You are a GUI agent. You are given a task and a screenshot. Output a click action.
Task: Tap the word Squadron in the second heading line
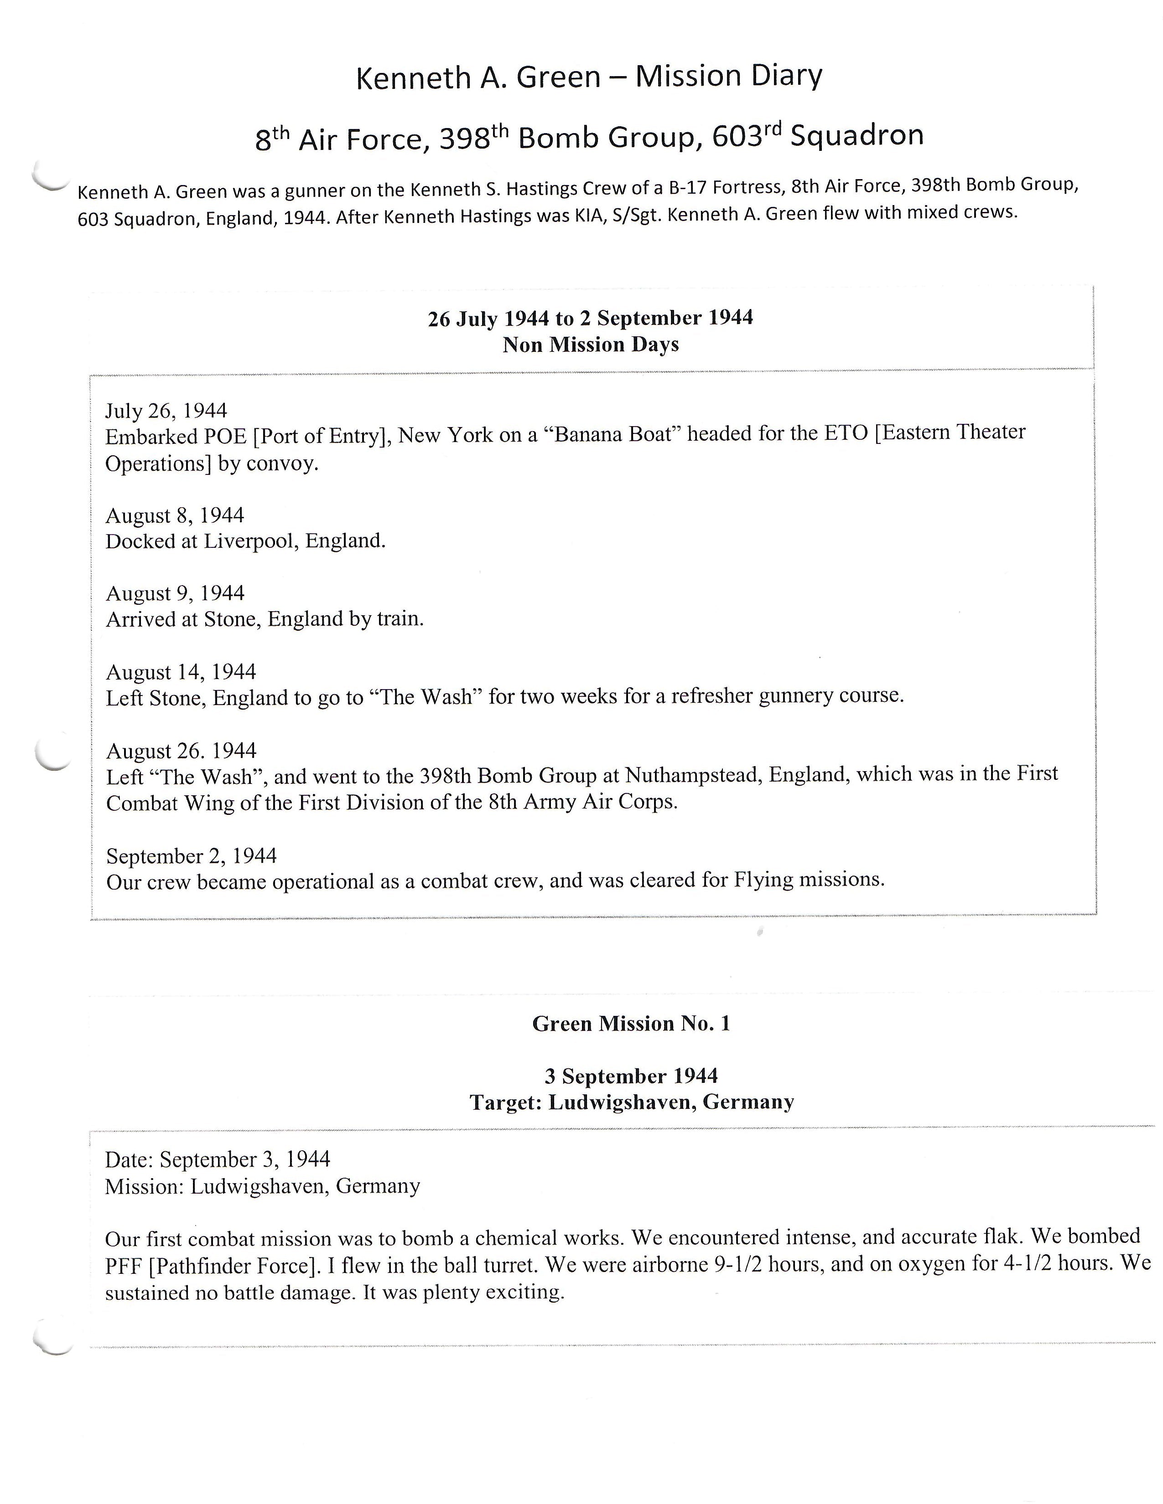[857, 136]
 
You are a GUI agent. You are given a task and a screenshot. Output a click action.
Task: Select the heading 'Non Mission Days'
[591, 344]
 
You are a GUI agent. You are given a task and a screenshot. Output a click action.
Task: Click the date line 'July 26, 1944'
[166, 411]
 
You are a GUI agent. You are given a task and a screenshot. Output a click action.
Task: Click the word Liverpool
[250, 541]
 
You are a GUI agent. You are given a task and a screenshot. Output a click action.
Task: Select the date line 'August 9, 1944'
[175, 593]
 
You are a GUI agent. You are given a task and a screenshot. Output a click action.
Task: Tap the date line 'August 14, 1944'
[181, 672]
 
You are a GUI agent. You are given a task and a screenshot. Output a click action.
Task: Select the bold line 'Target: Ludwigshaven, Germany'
[631, 1102]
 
